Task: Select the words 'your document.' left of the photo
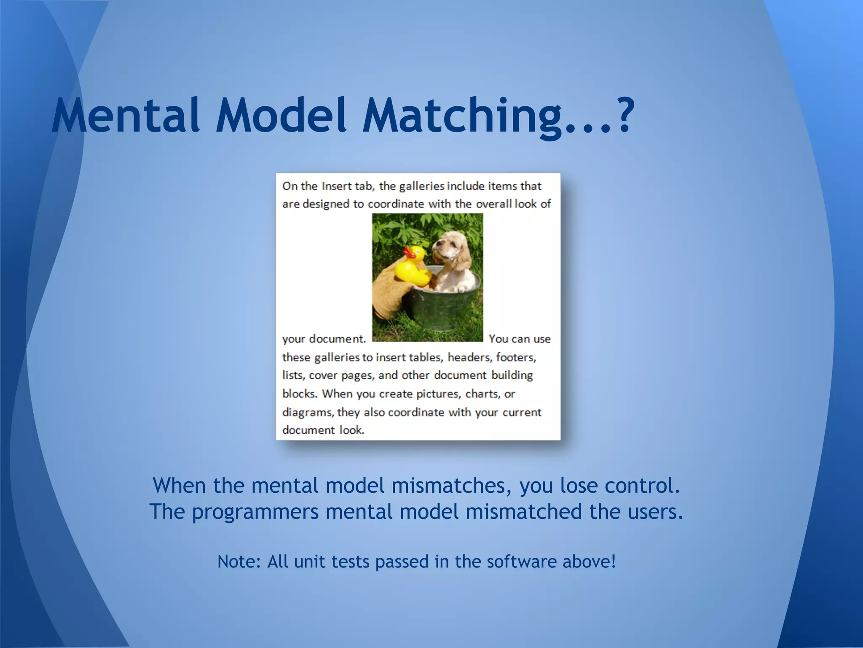pyautogui.click(x=324, y=339)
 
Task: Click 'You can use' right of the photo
pyautogui.click(x=520, y=339)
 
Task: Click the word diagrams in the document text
pyautogui.click(x=308, y=412)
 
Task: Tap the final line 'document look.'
pyautogui.click(x=323, y=430)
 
